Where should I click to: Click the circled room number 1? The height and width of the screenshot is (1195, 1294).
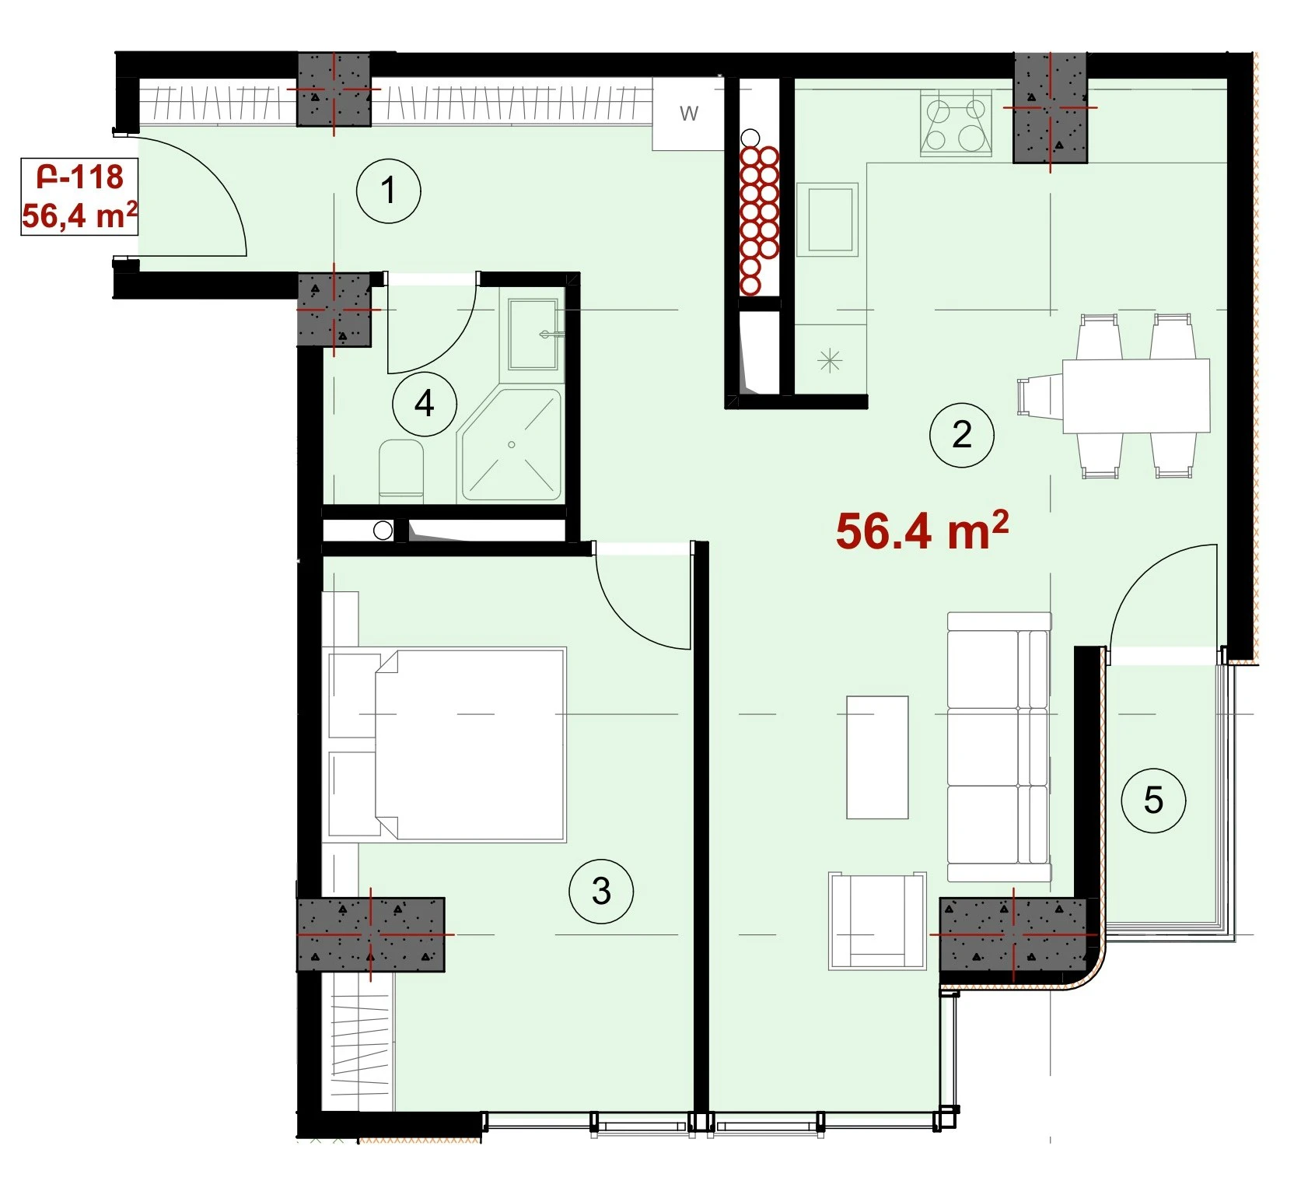tap(388, 191)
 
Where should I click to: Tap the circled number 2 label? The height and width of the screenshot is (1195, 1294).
tap(962, 435)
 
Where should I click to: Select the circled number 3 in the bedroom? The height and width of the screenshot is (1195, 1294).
tap(601, 892)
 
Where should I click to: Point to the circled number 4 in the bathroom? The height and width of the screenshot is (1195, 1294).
tap(424, 404)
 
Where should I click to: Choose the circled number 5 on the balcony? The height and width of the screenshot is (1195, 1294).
tap(1153, 801)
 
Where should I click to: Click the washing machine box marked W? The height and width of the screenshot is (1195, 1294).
tap(689, 114)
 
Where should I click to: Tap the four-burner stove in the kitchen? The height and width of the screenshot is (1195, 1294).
tap(956, 124)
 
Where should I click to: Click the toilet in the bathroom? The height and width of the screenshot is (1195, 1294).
tap(401, 470)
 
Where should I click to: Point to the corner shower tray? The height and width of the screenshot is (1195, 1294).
tap(511, 444)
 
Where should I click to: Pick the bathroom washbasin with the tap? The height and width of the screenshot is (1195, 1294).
tap(533, 335)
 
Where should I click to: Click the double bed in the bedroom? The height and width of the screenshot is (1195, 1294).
tap(447, 745)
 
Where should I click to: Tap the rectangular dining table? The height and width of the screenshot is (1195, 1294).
tap(1136, 395)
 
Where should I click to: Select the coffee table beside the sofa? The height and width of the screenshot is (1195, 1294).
tap(877, 757)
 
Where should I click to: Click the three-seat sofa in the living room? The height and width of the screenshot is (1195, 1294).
tap(998, 747)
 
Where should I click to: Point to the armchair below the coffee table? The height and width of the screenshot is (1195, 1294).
tap(878, 920)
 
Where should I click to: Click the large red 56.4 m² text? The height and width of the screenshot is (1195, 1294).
tap(922, 531)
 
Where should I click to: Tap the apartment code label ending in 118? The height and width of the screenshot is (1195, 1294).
tap(79, 177)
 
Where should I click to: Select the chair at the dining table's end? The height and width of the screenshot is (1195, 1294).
tap(1040, 395)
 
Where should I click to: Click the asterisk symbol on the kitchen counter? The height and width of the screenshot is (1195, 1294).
tap(830, 360)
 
